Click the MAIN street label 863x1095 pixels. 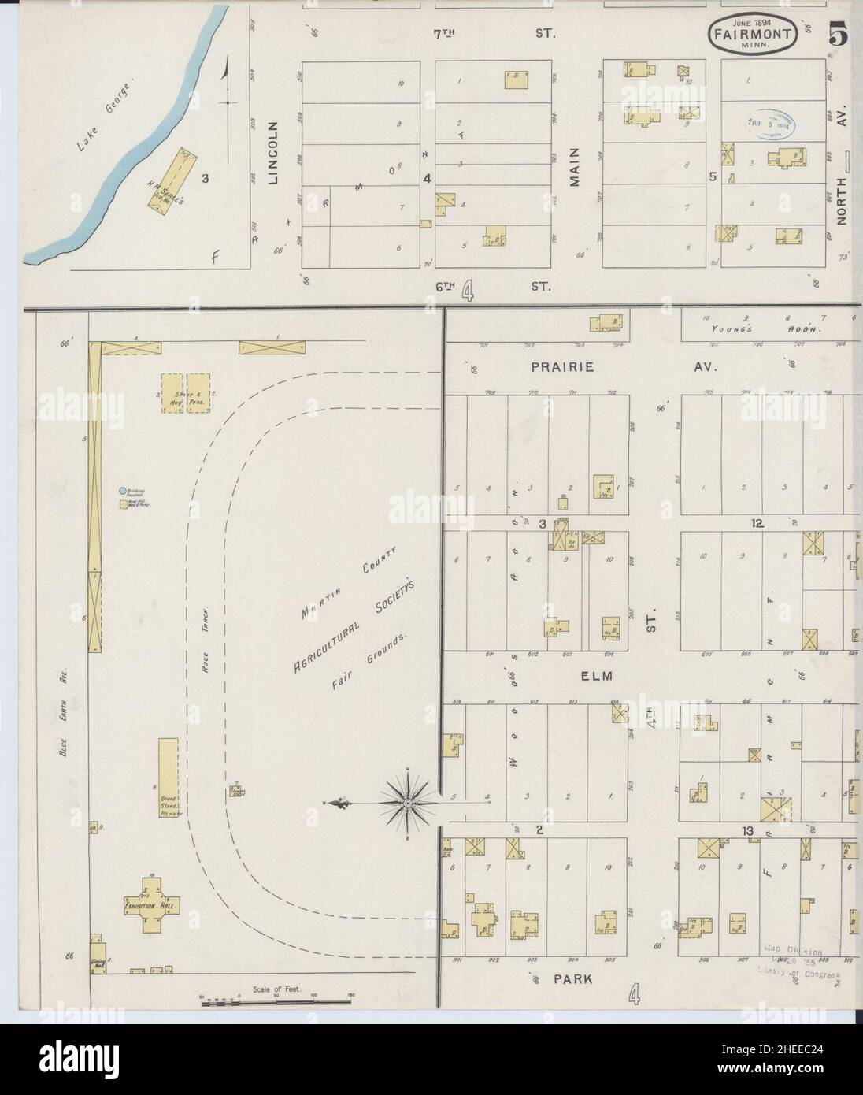point(575,167)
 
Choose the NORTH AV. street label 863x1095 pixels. point(840,188)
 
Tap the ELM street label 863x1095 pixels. point(602,675)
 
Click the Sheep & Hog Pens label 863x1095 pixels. point(183,394)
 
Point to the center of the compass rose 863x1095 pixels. point(408,802)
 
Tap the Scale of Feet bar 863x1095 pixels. point(276,1001)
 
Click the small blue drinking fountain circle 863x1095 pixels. point(122,491)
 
